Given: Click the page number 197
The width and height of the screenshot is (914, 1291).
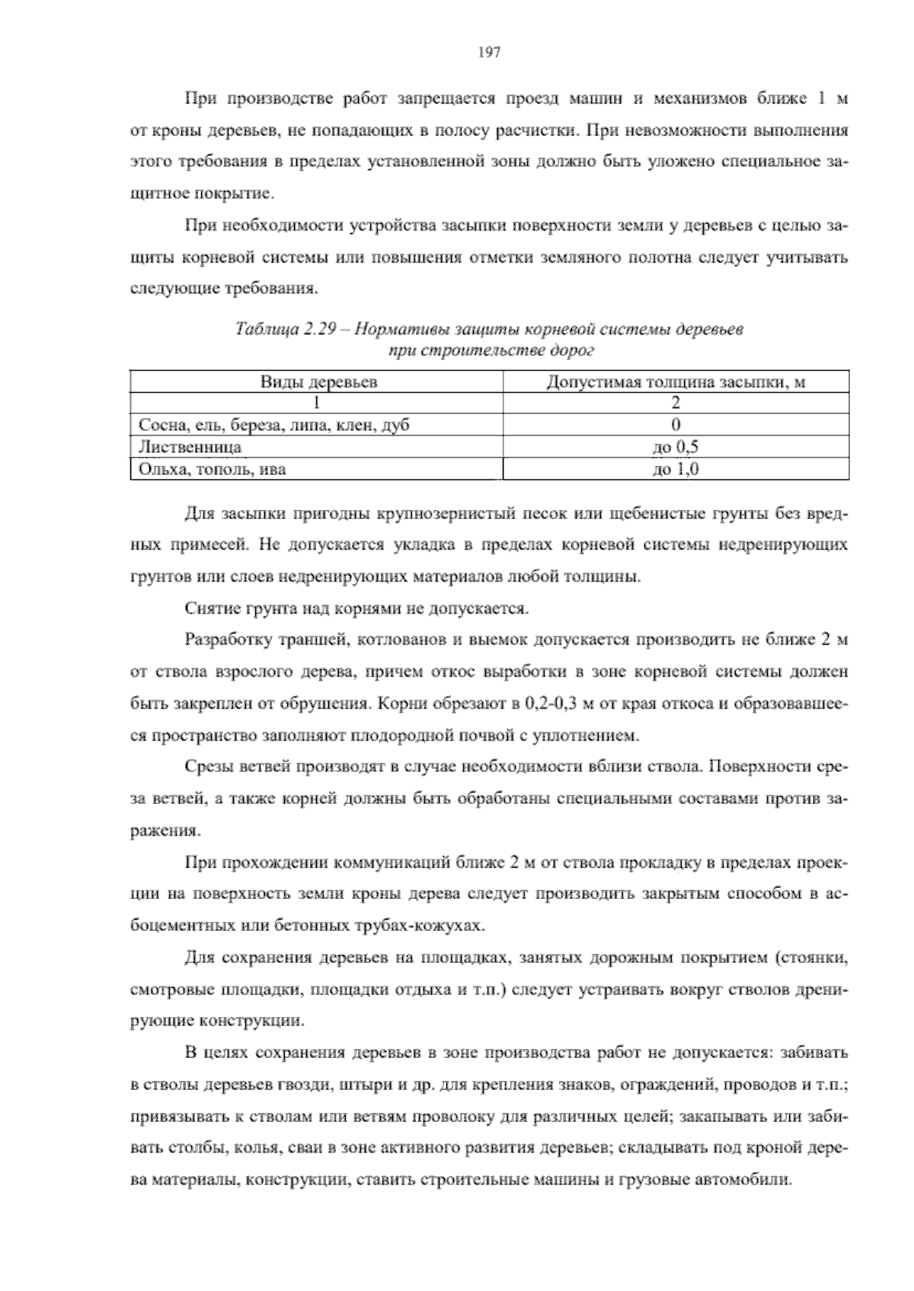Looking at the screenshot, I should point(489,53).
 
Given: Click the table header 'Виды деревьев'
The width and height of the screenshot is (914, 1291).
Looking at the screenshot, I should point(318,382).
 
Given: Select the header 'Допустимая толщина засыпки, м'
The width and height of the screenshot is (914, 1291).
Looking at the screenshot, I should point(676,382).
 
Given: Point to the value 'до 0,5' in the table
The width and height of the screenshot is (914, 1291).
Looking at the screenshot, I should point(676,447).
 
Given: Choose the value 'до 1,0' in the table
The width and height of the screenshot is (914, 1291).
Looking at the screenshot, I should point(676,469).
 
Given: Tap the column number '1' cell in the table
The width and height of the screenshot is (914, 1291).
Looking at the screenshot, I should point(317,403).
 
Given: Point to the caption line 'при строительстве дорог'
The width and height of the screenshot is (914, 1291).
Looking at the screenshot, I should point(491,351).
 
